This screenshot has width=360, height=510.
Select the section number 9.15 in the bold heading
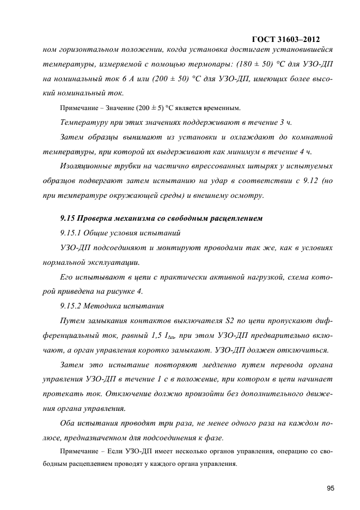[68, 218]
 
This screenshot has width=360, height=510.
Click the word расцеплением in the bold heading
[236, 218]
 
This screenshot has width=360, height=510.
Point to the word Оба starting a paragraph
[68, 422]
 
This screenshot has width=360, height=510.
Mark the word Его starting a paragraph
[68, 276]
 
